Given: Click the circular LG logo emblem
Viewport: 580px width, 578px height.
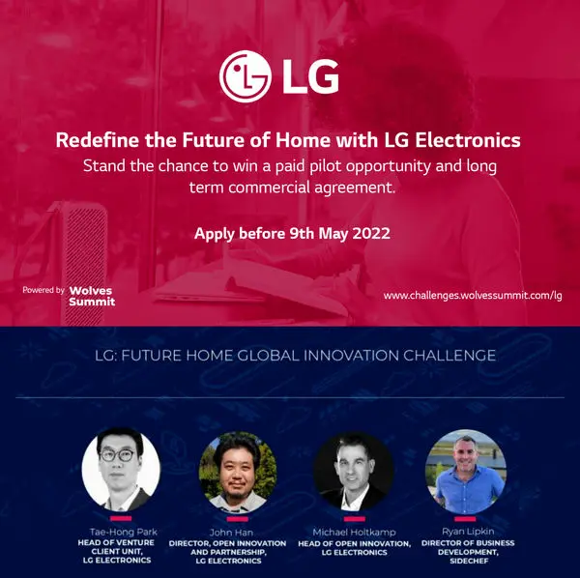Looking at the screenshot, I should (246, 75).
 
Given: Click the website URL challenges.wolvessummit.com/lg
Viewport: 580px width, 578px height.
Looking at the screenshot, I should (473, 294).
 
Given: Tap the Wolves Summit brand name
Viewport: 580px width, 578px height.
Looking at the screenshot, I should (92, 294).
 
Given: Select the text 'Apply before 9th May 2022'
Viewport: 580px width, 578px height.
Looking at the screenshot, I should (289, 233).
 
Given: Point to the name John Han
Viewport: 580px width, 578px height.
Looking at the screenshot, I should (237, 533).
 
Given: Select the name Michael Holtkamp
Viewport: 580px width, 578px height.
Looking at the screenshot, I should (353, 533).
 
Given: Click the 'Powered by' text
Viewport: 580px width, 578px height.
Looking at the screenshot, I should (43, 289).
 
